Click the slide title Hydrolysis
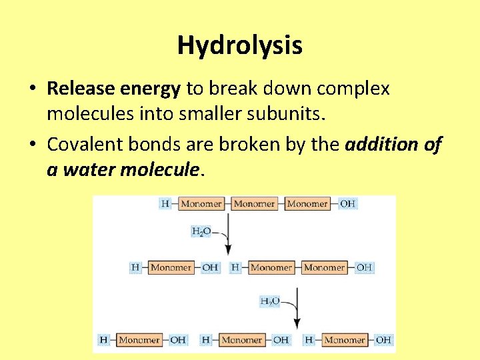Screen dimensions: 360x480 [239, 46]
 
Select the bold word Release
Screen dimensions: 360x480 [75, 88]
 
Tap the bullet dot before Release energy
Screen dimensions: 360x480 [32, 89]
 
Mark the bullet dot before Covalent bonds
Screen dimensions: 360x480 [32, 145]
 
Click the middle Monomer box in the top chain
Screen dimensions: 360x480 [254, 204]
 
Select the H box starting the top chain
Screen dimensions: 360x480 [165, 204]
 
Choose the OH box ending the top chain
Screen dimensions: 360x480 [347, 204]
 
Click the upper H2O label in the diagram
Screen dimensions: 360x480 [201, 232]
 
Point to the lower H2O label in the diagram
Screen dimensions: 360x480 [269, 301]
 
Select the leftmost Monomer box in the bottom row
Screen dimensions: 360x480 [139, 340]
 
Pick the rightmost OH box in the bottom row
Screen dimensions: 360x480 [383, 340]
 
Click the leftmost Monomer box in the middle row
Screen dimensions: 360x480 [171, 268]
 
